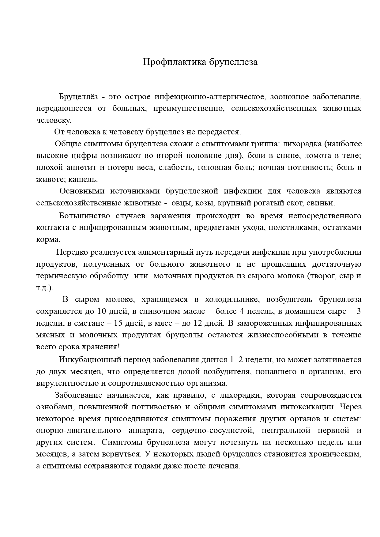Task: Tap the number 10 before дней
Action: tap(101, 312)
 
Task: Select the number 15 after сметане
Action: tap(119, 323)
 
